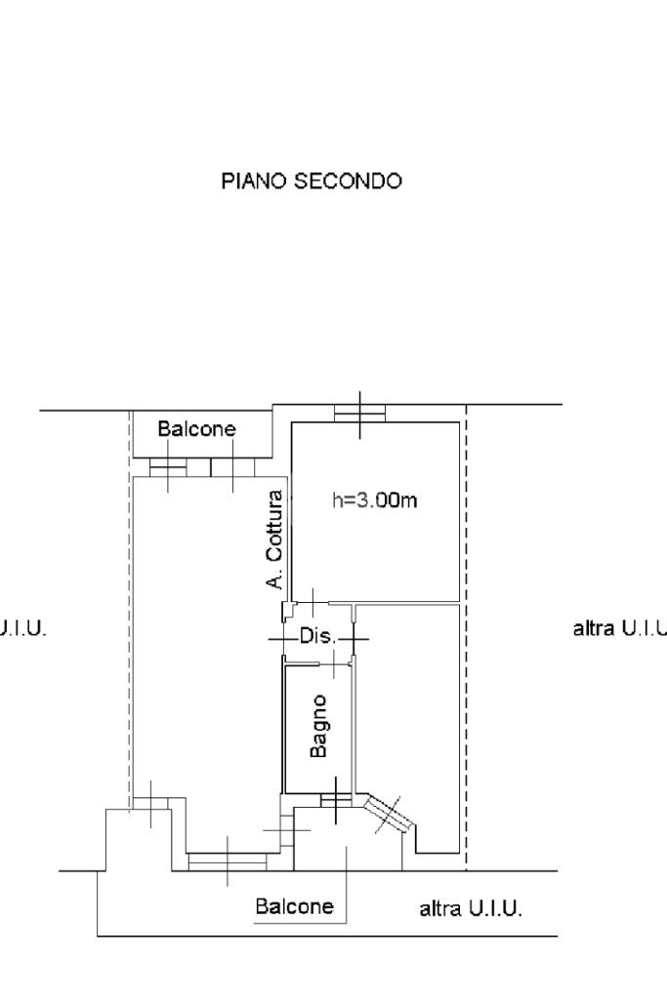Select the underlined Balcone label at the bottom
(x=294, y=906)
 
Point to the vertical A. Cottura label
(x=275, y=539)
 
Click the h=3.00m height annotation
(x=376, y=500)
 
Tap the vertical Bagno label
(x=319, y=725)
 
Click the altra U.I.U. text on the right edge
(x=619, y=628)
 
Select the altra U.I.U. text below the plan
(x=471, y=910)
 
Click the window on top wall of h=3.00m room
(x=359, y=415)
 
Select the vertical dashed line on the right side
(x=466, y=634)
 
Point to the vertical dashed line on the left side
(x=130, y=605)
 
